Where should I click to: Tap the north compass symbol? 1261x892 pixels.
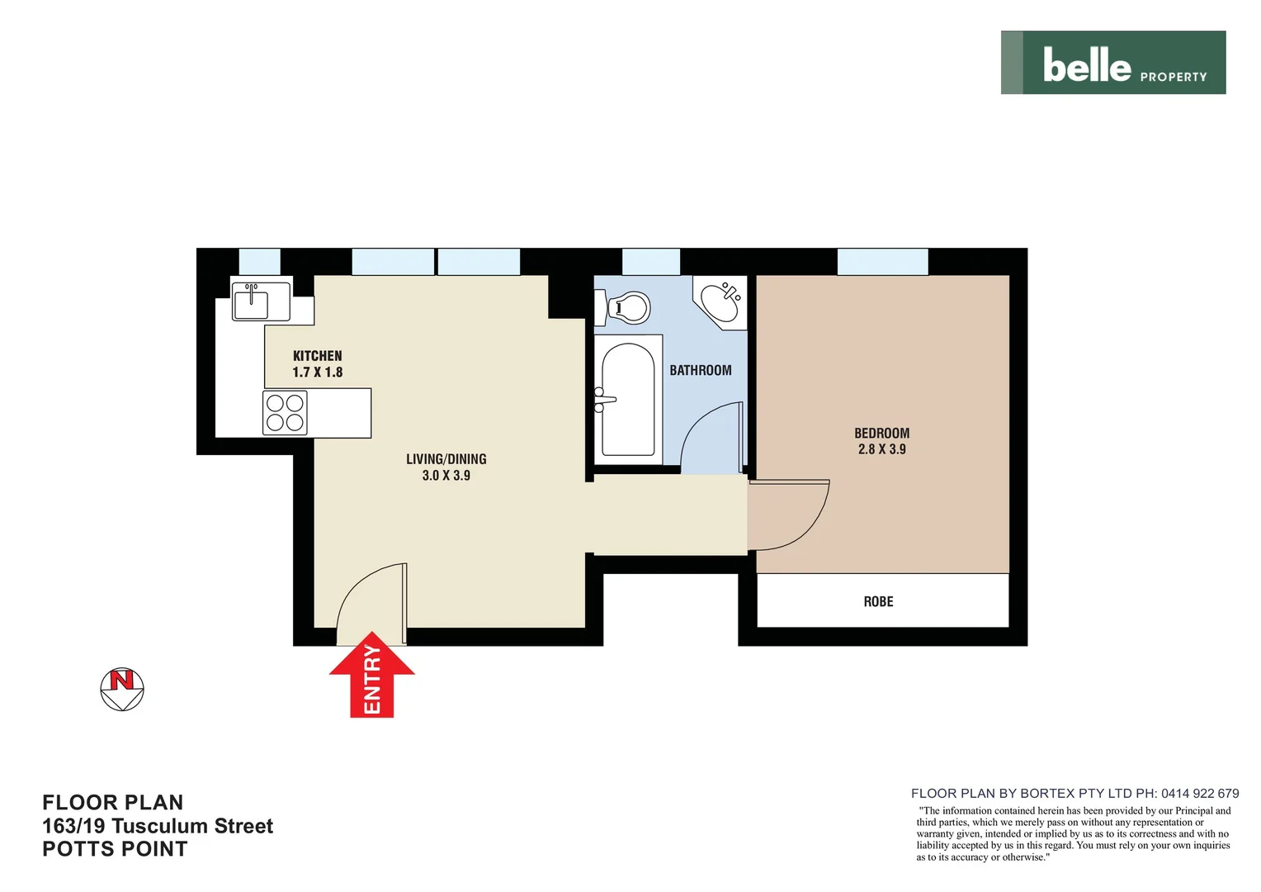(x=122, y=689)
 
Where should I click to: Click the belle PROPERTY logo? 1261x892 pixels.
(x=1112, y=63)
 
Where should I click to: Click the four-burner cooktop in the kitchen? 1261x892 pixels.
(x=285, y=413)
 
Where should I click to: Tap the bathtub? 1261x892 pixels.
(x=628, y=400)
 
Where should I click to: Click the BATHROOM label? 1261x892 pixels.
(x=700, y=371)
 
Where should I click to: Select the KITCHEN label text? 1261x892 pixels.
(x=317, y=356)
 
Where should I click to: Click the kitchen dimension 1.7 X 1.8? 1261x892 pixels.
(x=317, y=372)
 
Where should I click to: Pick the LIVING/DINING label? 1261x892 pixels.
(x=446, y=459)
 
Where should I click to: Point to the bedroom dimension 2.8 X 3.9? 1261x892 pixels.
(x=881, y=449)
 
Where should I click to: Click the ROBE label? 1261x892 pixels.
(x=878, y=602)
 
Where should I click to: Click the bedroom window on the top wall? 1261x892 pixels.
(x=882, y=262)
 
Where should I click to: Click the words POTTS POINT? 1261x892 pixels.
(x=115, y=849)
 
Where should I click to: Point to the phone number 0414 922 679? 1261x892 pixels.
(x=1200, y=793)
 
